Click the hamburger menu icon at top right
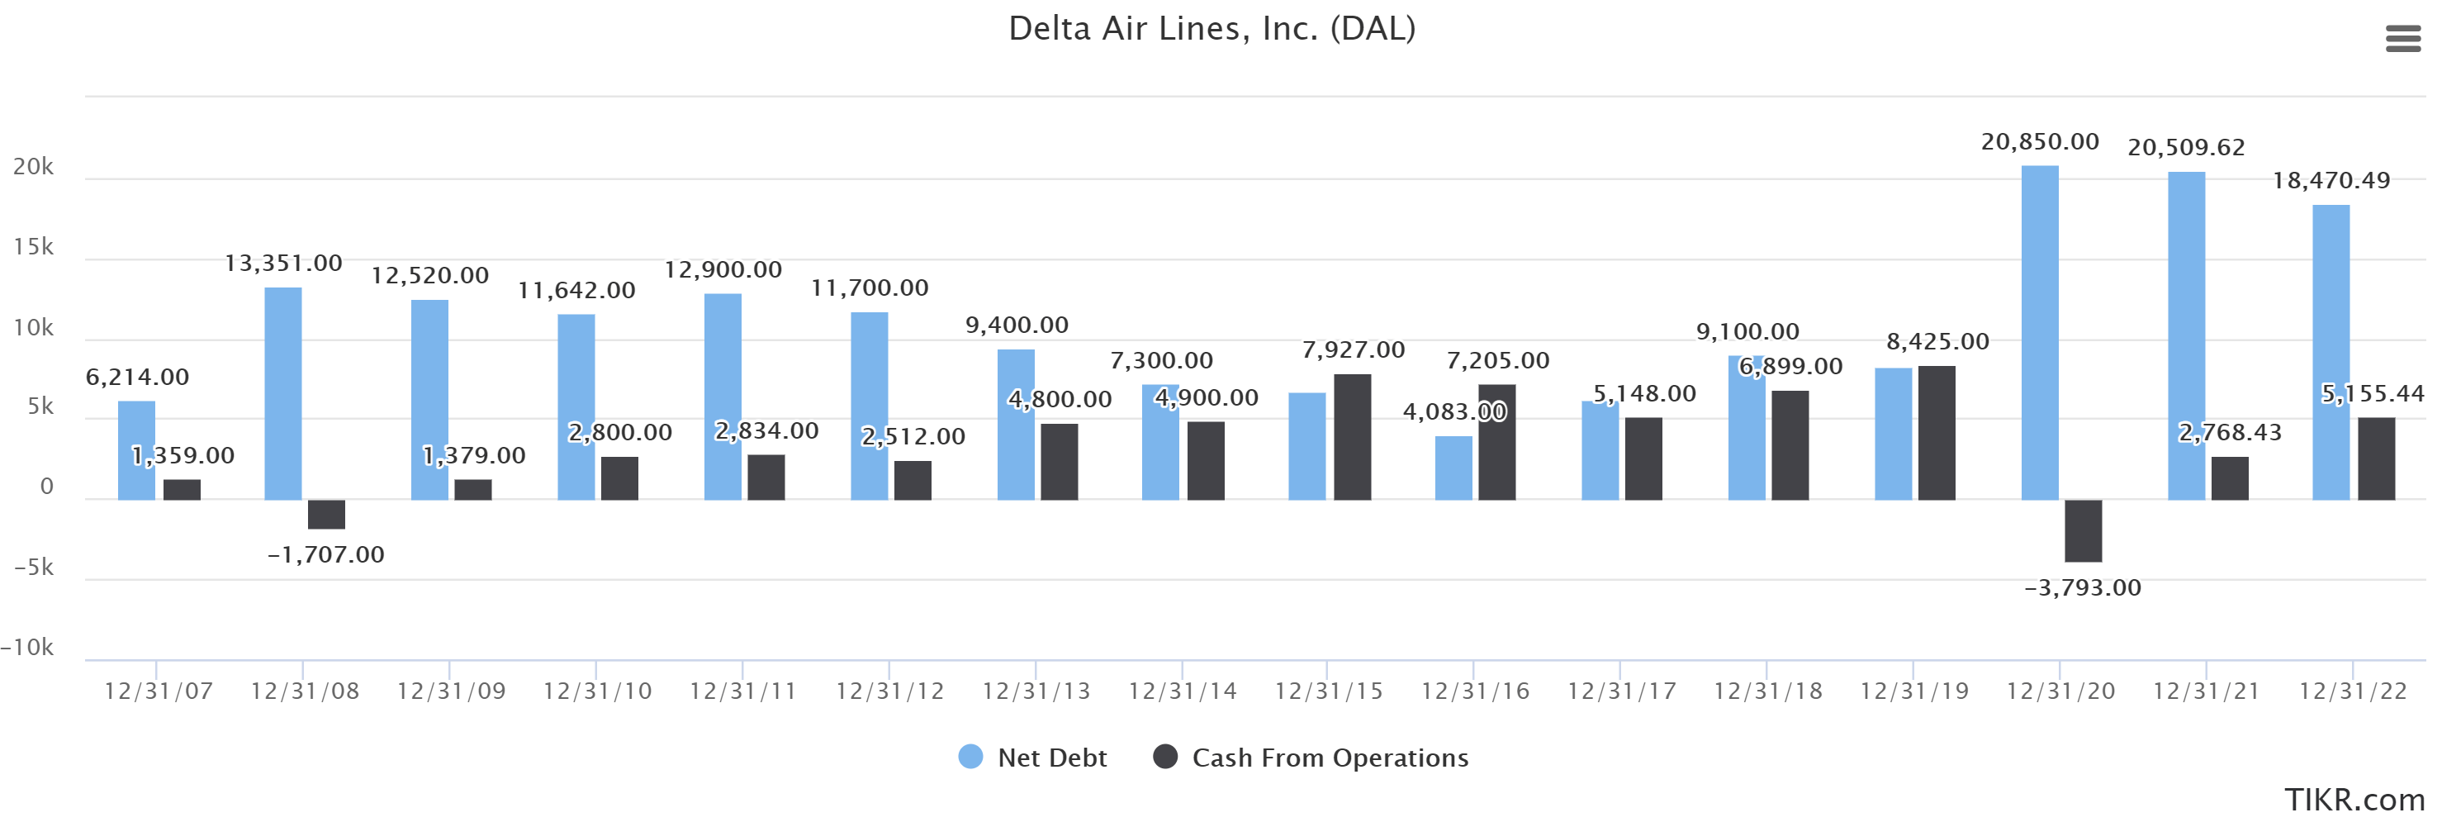(x=2402, y=39)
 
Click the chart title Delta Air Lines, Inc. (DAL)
(x=1212, y=28)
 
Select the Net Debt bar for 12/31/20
(x=2039, y=332)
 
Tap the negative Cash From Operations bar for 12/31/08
(x=326, y=514)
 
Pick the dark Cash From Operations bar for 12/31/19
(x=1936, y=432)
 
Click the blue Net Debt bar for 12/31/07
(x=136, y=450)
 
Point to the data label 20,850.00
(x=2039, y=141)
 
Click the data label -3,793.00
(x=2082, y=588)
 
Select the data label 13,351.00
(x=282, y=263)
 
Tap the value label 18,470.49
(x=2331, y=180)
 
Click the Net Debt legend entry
(x=1033, y=758)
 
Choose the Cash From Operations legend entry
(x=1311, y=758)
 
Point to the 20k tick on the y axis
(x=33, y=167)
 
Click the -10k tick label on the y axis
(x=27, y=648)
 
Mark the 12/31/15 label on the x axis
(x=1328, y=691)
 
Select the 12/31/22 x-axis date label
(x=2352, y=691)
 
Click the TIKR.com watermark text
(x=2353, y=799)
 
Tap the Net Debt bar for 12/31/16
(x=1453, y=468)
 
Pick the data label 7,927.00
(x=1353, y=349)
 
